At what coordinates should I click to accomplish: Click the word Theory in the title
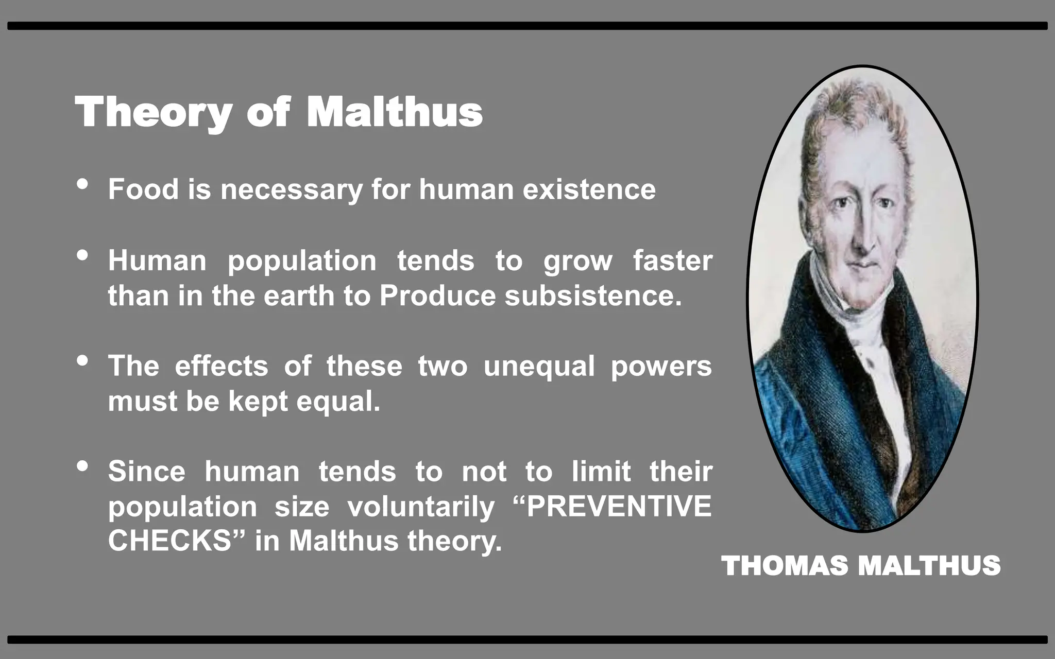click(x=154, y=112)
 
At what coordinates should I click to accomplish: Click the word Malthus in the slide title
click(x=395, y=112)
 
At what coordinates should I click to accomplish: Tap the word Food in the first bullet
click(x=143, y=189)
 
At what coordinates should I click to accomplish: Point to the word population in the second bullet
click(x=302, y=261)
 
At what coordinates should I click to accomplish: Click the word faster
click(x=672, y=261)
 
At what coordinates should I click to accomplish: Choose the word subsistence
click(x=593, y=296)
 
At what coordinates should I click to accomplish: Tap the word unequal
click(x=539, y=366)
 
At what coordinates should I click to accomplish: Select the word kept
click(x=258, y=401)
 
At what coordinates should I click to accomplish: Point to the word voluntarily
click(x=421, y=507)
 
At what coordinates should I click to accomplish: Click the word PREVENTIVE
click(x=619, y=506)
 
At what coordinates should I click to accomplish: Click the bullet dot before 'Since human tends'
click(x=82, y=466)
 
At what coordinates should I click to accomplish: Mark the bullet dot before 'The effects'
click(x=82, y=360)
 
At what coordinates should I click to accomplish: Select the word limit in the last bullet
click(x=601, y=471)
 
